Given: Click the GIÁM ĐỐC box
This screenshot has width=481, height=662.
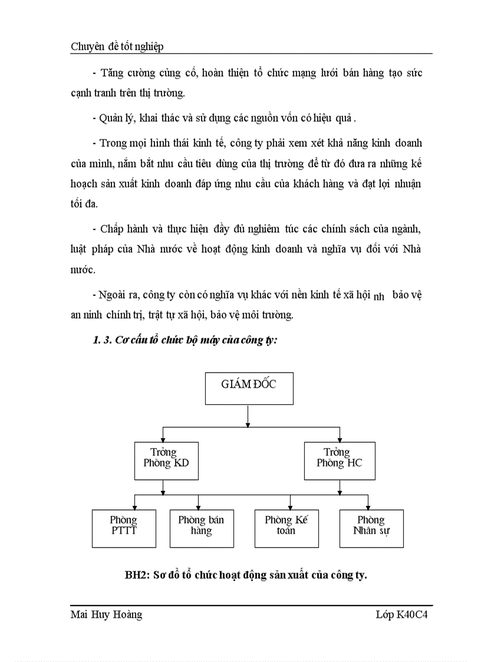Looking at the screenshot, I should tap(248, 388).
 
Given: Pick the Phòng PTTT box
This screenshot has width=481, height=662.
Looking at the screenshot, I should tap(124, 528).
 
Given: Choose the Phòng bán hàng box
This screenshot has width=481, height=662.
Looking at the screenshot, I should tap(201, 528).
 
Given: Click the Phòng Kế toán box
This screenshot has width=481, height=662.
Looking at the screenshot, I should tap(286, 528).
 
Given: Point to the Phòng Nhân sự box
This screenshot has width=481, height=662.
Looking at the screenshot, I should tap(371, 528).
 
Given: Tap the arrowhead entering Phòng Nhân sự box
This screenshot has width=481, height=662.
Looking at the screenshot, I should tap(368, 506).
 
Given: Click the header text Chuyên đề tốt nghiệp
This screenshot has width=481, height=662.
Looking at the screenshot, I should tap(117, 47).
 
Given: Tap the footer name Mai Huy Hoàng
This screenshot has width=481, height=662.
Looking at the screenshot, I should tap(106, 615).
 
